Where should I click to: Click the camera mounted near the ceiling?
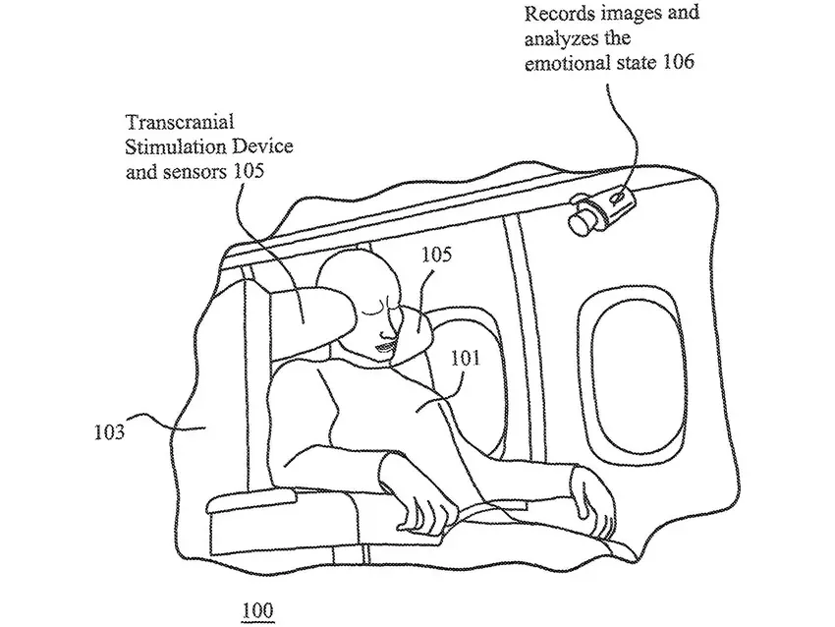[x=599, y=208]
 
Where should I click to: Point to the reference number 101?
[x=466, y=360]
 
